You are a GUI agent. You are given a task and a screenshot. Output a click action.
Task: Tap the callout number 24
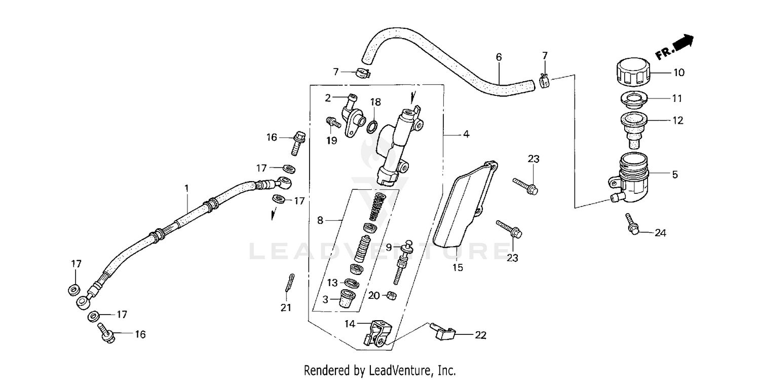[x=660, y=233]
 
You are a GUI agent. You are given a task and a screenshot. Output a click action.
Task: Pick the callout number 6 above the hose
[x=499, y=57]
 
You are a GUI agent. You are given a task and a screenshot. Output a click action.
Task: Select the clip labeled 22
[x=442, y=332]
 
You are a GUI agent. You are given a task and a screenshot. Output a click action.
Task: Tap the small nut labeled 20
[x=391, y=295]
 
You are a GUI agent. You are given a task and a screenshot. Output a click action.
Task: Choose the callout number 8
[x=320, y=220]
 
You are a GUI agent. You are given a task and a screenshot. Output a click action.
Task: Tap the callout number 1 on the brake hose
[x=186, y=188]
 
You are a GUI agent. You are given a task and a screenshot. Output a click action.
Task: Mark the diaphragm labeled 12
[x=631, y=126]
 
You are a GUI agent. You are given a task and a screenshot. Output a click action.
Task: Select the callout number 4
[x=466, y=134]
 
